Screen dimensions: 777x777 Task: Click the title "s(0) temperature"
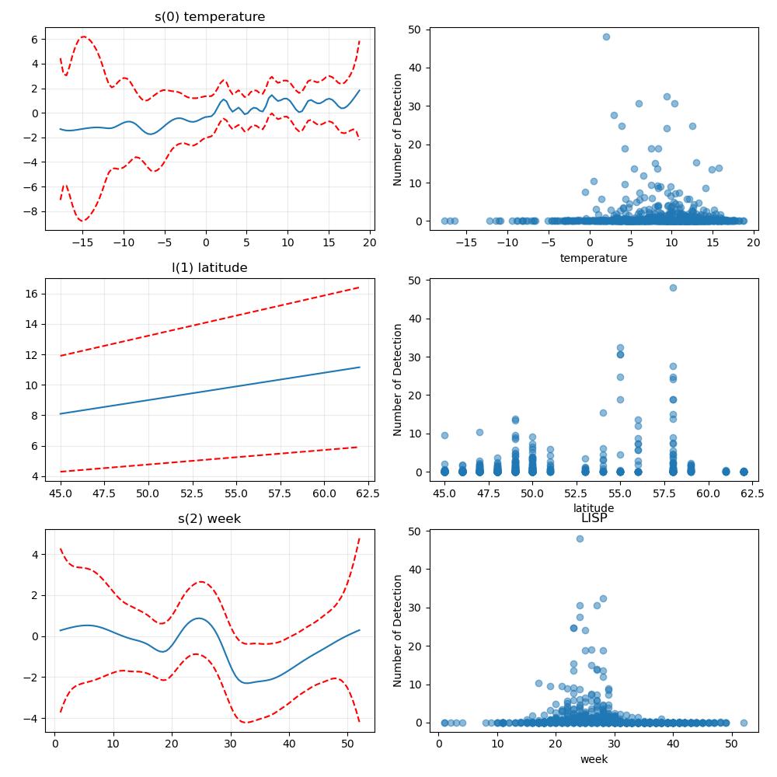pyautogui.click(x=210, y=17)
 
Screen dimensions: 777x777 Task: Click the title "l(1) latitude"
pyautogui.click(x=209, y=267)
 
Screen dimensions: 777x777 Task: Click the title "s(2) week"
pyautogui.click(x=209, y=519)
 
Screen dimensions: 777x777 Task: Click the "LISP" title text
pyautogui.click(x=594, y=518)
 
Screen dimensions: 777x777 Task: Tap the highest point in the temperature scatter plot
pyautogui.click(x=606, y=37)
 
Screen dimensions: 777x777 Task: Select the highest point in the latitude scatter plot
pyautogui.click(x=673, y=287)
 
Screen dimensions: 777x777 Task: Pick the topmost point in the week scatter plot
pyautogui.click(x=580, y=538)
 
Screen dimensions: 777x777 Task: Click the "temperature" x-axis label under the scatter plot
pyautogui.click(x=594, y=258)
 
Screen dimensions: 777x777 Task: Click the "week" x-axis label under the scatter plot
pyautogui.click(x=594, y=759)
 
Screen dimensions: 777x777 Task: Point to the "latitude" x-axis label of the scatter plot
pyautogui.click(x=594, y=508)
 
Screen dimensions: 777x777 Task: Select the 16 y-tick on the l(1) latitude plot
pyautogui.click(x=32, y=294)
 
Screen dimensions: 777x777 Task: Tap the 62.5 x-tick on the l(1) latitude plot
pyautogui.click(x=368, y=493)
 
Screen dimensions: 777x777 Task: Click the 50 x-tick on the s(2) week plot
pyautogui.click(x=347, y=744)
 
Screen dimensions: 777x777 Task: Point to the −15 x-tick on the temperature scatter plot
pyautogui.click(x=466, y=242)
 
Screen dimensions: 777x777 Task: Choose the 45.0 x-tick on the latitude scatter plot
pyautogui.click(x=444, y=493)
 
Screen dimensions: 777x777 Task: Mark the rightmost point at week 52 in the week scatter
pyautogui.click(x=744, y=723)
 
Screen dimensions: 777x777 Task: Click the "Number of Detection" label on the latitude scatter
pyautogui.click(x=397, y=380)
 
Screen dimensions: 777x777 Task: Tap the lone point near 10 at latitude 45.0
pyautogui.click(x=444, y=436)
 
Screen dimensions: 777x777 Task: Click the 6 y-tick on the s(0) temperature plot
pyautogui.click(x=35, y=40)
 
